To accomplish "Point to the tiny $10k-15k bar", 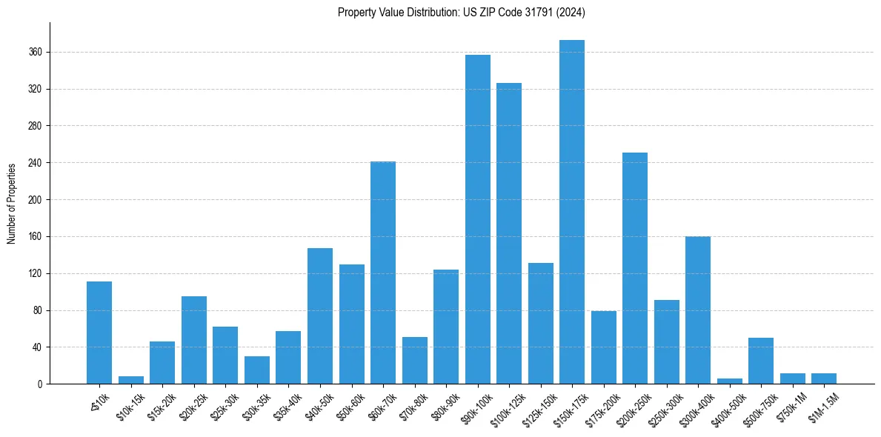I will point(131,381).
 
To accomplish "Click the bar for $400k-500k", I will point(730,381).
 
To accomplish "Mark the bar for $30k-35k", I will point(257,370).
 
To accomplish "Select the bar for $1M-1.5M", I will point(824,378).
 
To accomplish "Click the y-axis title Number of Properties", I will point(12,203).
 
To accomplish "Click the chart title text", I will point(462,12).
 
